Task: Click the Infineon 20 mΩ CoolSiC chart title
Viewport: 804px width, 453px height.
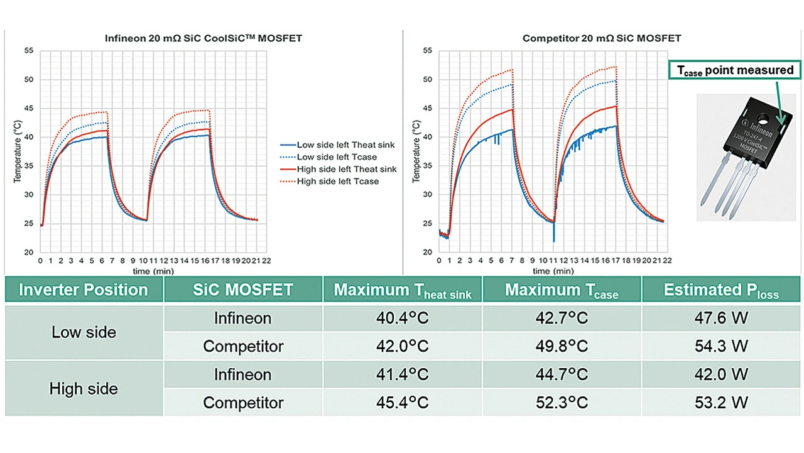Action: point(203,38)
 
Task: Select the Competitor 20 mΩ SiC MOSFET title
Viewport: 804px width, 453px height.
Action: point(602,38)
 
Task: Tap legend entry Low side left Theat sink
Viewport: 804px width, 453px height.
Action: point(345,145)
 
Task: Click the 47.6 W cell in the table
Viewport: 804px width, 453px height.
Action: point(722,318)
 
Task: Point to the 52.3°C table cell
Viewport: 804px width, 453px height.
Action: point(562,403)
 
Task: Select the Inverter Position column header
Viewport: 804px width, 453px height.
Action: point(84,290)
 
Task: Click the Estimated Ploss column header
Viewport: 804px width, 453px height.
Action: point(721,290)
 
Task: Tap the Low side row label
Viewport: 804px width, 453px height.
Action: point(84,332)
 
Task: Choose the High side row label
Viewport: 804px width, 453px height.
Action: point(84,389)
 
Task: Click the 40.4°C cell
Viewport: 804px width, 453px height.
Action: point(402,318)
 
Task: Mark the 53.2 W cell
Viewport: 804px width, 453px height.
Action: point(722,403)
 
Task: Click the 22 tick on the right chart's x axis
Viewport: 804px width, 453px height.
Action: point(666,259)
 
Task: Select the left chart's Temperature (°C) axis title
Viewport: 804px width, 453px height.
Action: point(18,151)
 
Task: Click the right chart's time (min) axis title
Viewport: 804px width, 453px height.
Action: point(552,271)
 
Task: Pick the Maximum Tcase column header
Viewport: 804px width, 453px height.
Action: point(562,290)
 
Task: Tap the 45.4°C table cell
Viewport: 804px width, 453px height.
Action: point(402,403)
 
